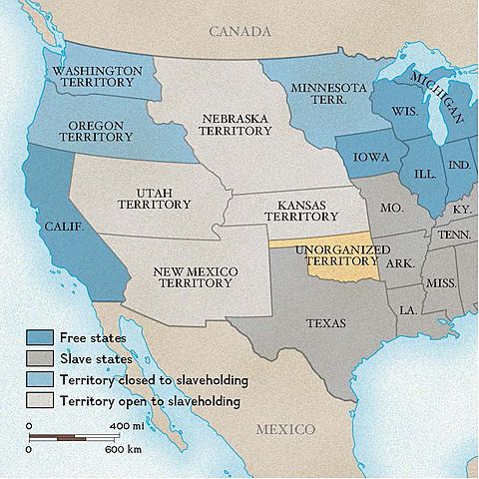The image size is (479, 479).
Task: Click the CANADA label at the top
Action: [x=239, y=32]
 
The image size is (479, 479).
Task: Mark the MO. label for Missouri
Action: [x=392, y=209]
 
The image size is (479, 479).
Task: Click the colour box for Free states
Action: [x=39, y=337]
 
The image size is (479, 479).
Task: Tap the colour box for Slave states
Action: [x=39, y=359]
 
